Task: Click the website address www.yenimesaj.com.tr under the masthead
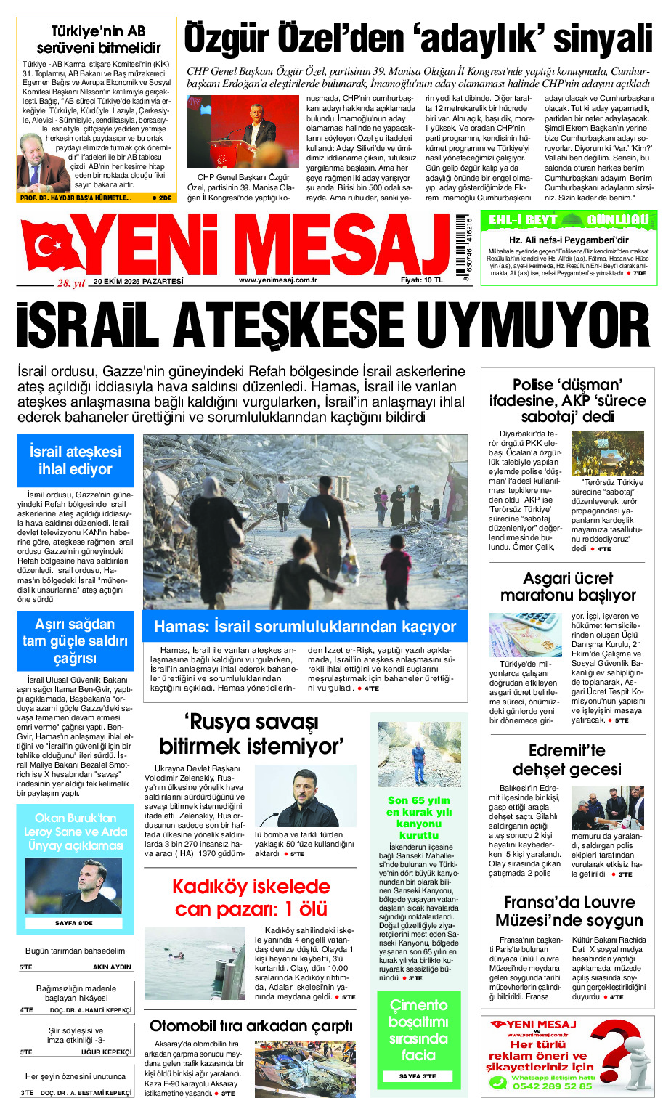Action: [277, 280]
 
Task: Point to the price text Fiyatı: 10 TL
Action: [421, 280]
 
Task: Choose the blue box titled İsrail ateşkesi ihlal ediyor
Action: [76, 460]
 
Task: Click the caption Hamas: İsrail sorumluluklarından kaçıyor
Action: [305, 627]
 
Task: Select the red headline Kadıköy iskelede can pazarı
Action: [251, 898]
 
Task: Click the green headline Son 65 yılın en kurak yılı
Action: [419, 818]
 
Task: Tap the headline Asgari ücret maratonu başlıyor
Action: [568, 587]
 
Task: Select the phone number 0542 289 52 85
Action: [552, 1086]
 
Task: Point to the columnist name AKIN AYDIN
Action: [112, 967]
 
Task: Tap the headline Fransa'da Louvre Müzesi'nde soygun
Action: [569, 911]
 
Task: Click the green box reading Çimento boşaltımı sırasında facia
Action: [418, 1030]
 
